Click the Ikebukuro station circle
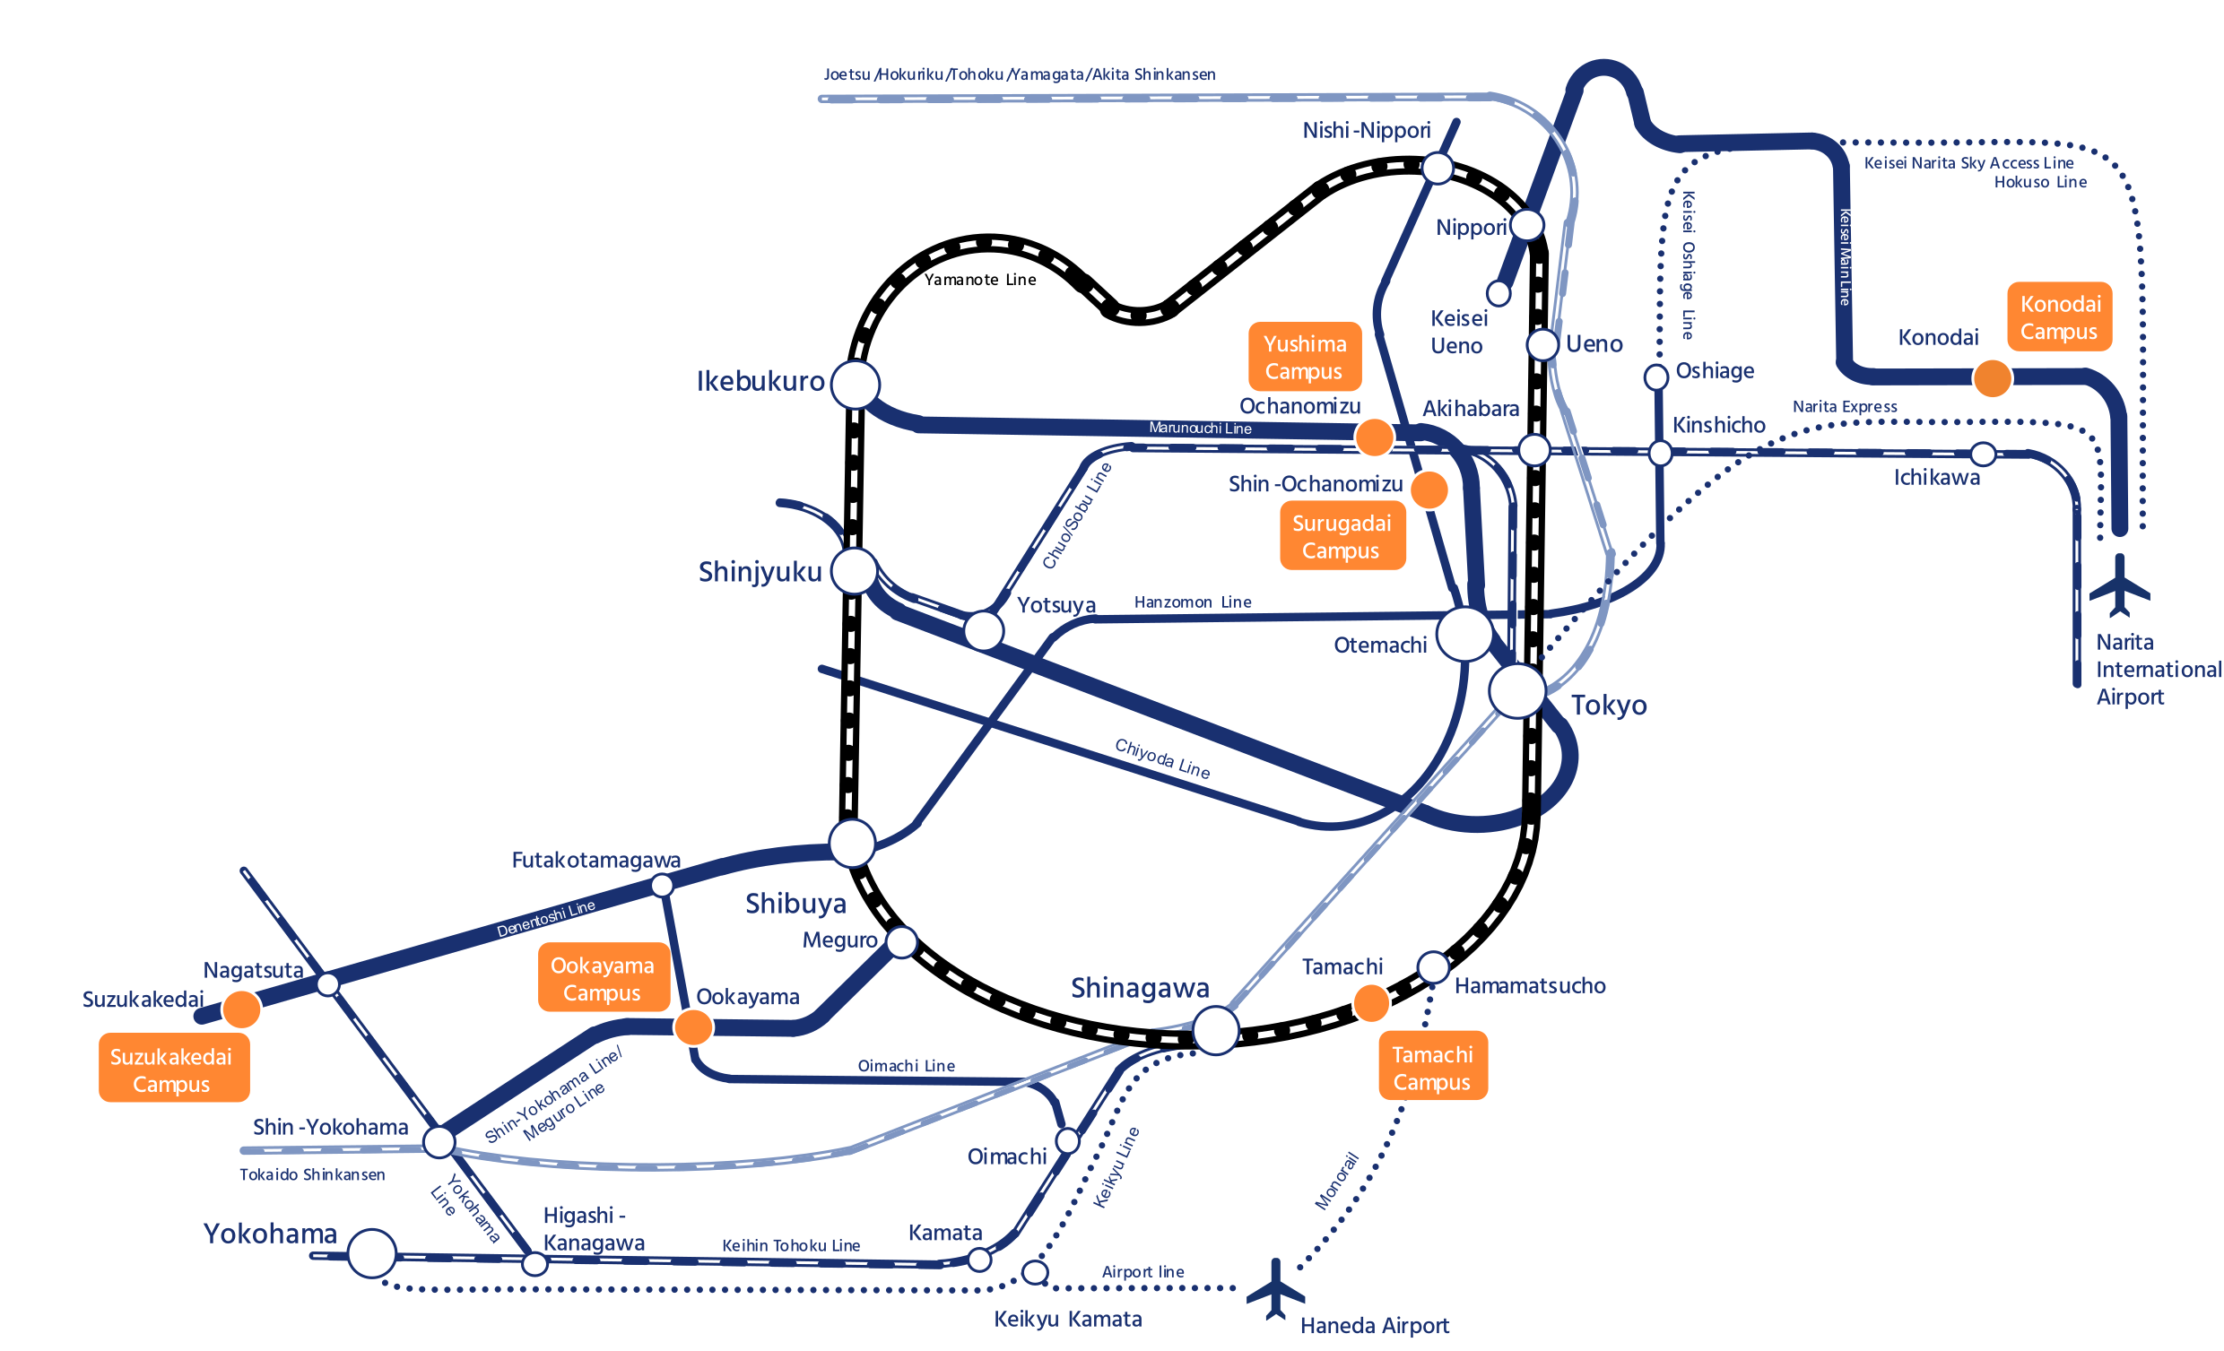click(855, 385)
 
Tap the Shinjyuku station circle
click(854, 570)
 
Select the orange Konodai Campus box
click(2059, 316)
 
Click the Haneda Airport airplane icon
click(1275, 1289)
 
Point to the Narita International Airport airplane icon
click(2119, 586)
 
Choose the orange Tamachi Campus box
click(1432, 1068)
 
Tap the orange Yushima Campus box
click(1304, 358)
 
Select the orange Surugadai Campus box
click(1342, 537)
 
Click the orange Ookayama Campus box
click(603, 979)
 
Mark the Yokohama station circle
click(371, 1253)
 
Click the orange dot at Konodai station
click(1992, 378)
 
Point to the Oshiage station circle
click(1656, 377)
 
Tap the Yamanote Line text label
click(980, 280)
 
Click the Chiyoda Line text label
click(1162, 758)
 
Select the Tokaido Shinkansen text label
click(312, 1175)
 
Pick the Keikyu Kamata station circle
click(1034, 1272)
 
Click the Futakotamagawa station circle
click(662, 887)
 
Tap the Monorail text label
click(1337, 1181)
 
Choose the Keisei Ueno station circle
click(1499, 293)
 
